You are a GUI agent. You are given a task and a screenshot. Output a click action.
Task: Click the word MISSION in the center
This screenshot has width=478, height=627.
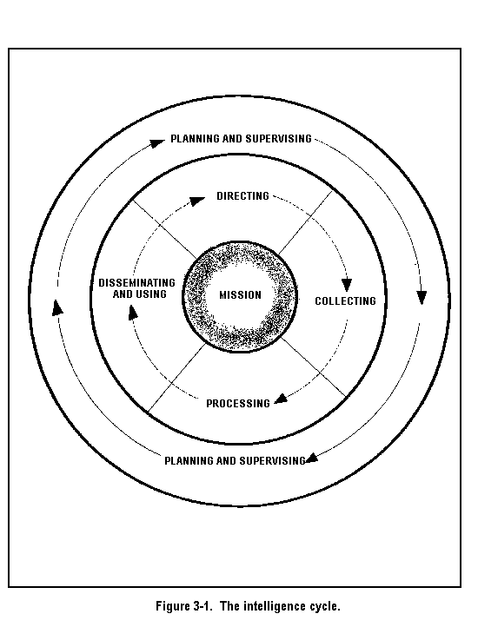[x=240, y=295]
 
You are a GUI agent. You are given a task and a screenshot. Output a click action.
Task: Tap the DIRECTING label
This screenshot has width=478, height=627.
[x=243, y=196]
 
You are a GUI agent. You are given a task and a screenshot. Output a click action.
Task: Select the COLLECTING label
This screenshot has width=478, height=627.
[x=346, y=301]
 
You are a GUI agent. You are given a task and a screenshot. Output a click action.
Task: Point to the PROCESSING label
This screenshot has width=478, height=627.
[x=238, y=404]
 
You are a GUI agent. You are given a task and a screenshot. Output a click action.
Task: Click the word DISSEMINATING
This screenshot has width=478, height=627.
[x=137, y=283]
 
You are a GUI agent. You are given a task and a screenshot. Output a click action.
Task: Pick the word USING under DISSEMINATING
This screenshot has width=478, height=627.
[x=151, y=294]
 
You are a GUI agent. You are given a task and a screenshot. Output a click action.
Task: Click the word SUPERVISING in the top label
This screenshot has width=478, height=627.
[x=279, y=139]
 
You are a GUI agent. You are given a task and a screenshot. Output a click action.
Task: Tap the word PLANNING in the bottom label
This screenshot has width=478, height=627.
[x=189, y=460]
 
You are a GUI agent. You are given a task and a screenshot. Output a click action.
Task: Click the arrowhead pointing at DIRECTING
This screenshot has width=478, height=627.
[x=197, y=201]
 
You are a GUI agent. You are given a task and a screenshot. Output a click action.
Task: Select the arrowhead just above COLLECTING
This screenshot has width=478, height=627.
[x=347, y=285]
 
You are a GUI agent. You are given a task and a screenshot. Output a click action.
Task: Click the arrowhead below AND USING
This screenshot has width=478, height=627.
[x=132, y=312]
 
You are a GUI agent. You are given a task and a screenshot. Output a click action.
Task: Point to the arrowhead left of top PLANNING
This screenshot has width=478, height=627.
[x=156, y=143]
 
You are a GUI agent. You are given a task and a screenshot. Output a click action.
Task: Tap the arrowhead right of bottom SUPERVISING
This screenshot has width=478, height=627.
[x=312, y=458]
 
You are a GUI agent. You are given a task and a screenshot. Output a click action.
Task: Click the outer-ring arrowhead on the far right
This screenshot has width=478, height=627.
[x=422, y=298]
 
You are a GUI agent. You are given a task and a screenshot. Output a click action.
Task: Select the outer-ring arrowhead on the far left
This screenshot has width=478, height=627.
[x=57, y=308]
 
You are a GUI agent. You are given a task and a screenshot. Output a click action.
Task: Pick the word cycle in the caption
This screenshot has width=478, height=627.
[x=325, y=607]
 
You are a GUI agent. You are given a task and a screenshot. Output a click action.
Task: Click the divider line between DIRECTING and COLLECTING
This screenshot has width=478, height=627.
[x=305, y=222]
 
